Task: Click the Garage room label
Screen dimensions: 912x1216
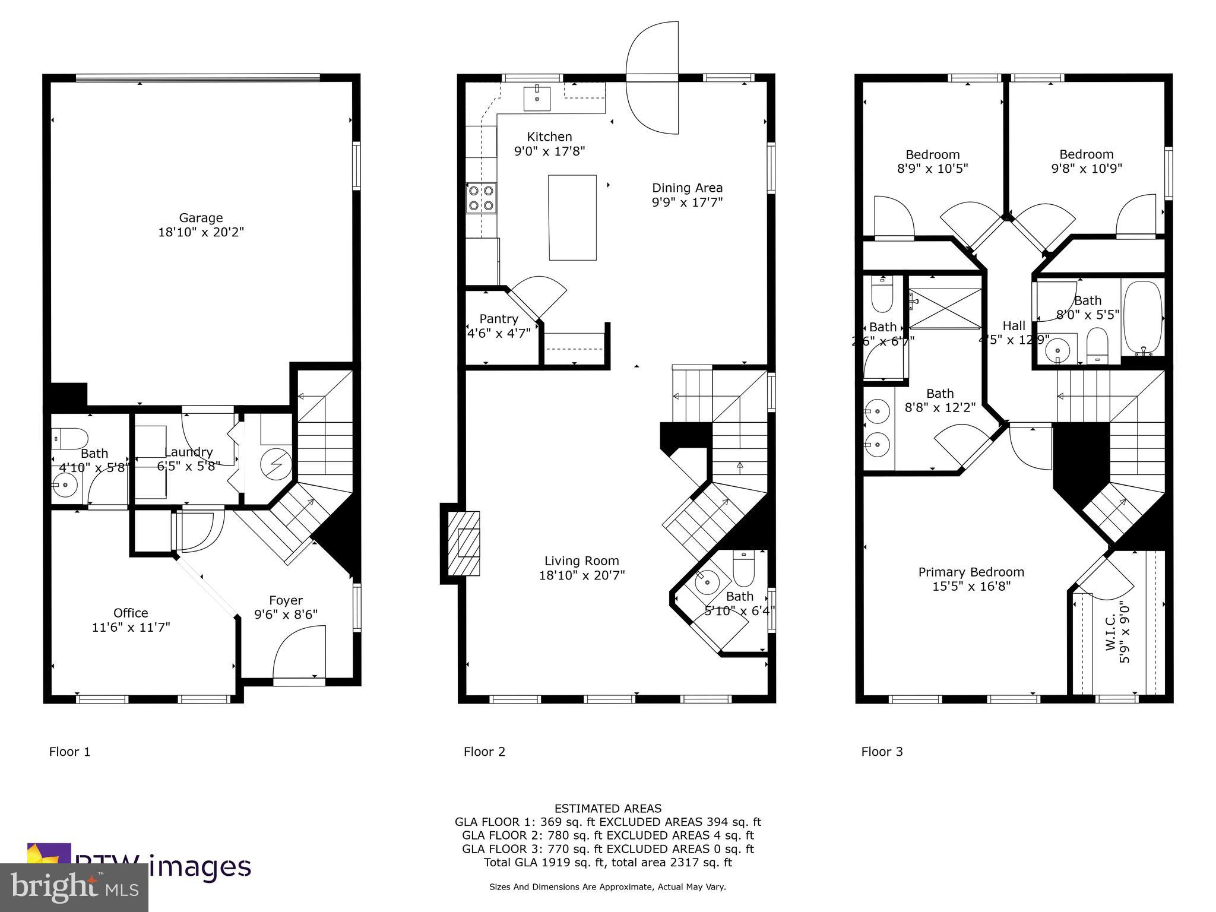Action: pyautogui.click(x=201, y=218)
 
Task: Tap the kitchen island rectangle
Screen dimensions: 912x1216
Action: pyautogui.click(x=572, y=217)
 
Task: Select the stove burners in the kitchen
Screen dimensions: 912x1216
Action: pyautogui.click(x=482, y=198)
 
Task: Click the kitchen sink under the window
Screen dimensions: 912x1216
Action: pyautogui.click(x=537, y=99)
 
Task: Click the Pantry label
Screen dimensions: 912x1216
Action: pyautogui.click(x=499, y=319)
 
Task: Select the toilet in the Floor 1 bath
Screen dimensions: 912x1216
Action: pyautogui.click(x=71, y=438)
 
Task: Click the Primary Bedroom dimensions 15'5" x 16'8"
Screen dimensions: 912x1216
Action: pyautogui.click(x=971, y=587)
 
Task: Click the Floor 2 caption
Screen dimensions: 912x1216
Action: pyautogui.click(x=484, y=752)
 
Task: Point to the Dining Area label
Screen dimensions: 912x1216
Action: pyautogui.click(x=687, y=188)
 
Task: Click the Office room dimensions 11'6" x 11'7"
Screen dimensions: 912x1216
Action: pyautogui.click(x=131, y=627)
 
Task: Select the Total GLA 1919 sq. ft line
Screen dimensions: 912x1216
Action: pyautogui.click(x=608, y=862)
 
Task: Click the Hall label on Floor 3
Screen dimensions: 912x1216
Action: pyautogui.click(x=1014, y=325)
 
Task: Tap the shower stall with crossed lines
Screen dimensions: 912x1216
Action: pyautogui.click(x=945, y=308)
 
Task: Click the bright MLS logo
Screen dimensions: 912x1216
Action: pyautogui.click(x=74, y=888)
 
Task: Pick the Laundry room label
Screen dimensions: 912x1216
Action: pyautogui.click(x=188, y=452)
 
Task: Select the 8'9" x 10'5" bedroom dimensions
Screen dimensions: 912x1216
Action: pyautogui.click(x=932, y=169)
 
